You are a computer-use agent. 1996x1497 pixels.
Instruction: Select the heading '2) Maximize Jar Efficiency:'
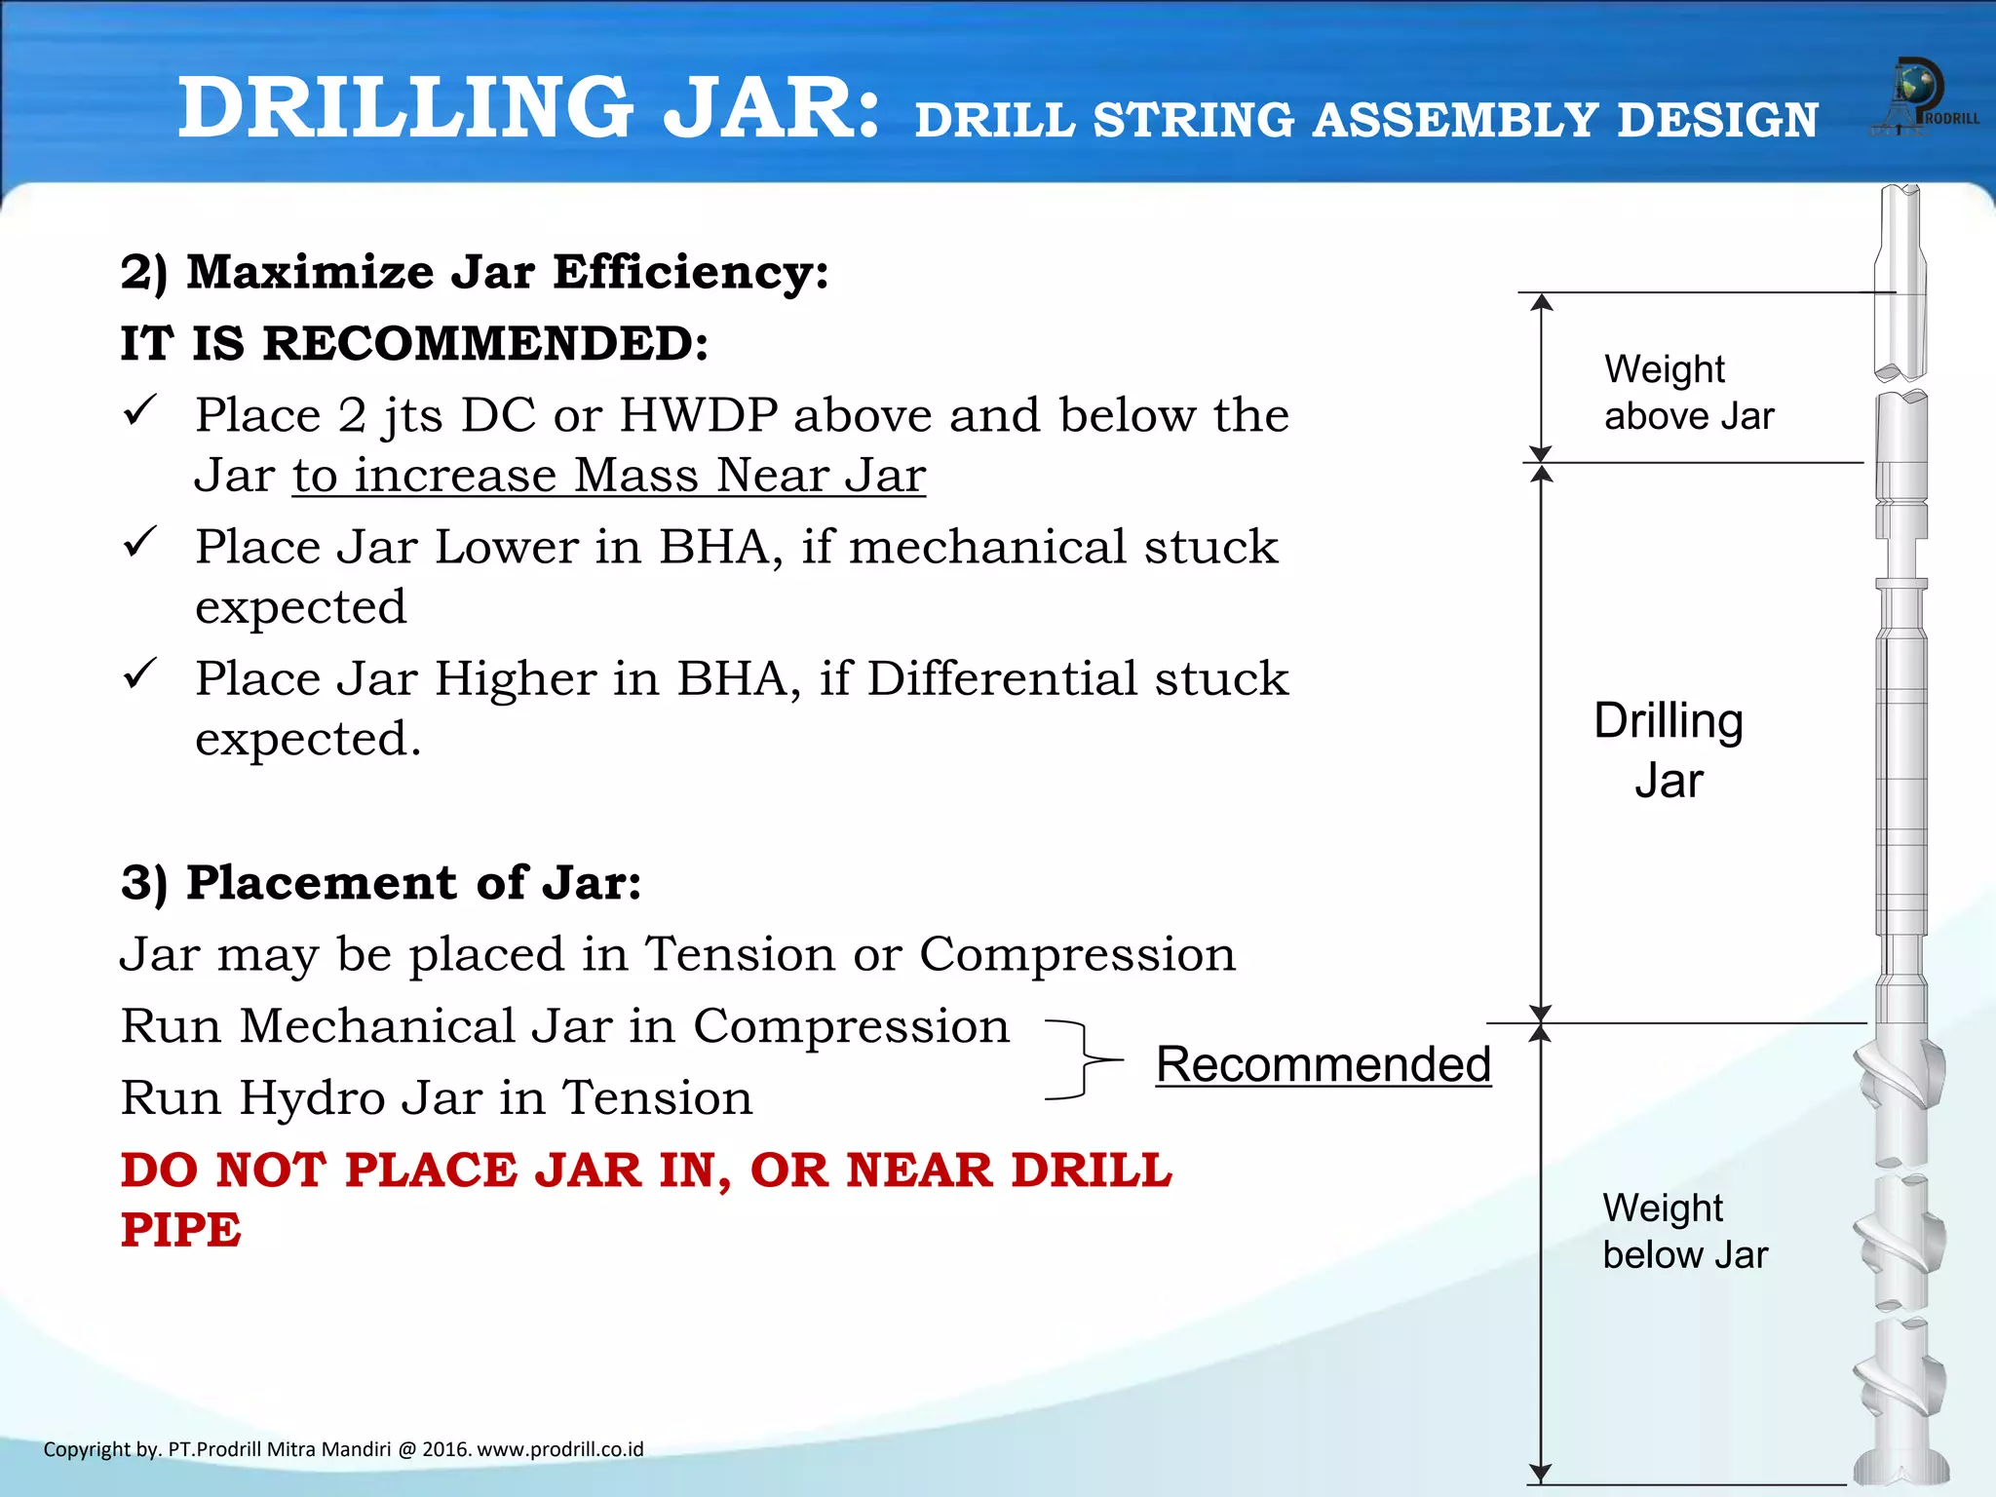475,272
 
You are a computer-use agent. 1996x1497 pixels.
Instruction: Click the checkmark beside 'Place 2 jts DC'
140,410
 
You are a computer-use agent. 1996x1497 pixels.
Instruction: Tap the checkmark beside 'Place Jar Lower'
140,542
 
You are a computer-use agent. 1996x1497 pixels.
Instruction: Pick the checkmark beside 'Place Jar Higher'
140,673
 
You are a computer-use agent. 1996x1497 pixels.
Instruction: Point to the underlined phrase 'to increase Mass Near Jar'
609,477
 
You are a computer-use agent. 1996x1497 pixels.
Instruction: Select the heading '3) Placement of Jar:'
381,883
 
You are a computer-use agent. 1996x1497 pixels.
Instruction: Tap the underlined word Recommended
1323,1064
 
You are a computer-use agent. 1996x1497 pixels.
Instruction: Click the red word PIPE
181,1230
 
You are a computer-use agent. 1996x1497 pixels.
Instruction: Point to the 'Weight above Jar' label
1688,393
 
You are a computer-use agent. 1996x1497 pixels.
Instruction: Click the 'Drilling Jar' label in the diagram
1669,750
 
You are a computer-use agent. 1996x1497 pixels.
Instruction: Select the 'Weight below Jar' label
1684,1232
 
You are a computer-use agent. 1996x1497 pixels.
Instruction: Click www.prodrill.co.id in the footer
559,1449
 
